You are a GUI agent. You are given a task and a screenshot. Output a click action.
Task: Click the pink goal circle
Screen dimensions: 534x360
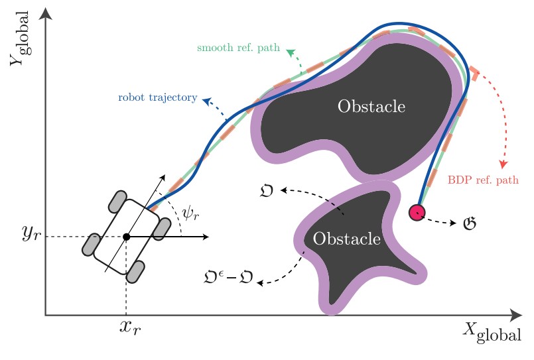[x=417, y=212]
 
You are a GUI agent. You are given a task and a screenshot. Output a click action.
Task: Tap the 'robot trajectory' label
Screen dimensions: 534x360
[x=158, y=97]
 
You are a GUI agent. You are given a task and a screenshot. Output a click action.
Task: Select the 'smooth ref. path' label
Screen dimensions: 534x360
[x=238, y=47]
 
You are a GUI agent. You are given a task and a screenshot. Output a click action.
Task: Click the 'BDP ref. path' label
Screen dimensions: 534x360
[x=483, y=180]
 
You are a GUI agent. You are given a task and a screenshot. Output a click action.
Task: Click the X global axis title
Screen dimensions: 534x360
[x=493, y=333]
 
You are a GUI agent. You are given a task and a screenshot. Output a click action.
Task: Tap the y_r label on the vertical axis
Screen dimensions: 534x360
[x=31, y=233]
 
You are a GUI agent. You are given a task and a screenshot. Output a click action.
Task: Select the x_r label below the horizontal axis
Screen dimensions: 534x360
[x=130, y=328]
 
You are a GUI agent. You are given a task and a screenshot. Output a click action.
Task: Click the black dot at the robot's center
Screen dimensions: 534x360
[x=126, y=237]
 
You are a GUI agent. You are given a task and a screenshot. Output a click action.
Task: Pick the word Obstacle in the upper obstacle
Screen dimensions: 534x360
[x=371, y=107]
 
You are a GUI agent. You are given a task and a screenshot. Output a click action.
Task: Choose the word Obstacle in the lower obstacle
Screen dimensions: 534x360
[x=347, y=239]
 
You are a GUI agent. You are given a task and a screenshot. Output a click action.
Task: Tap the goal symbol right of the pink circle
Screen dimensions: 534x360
[x=470, y=223]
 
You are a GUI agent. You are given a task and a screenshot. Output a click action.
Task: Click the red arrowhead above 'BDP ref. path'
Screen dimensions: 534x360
[x=503, y=164]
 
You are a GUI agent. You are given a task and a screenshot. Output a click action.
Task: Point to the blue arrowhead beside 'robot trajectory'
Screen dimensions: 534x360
[x=206, y=101]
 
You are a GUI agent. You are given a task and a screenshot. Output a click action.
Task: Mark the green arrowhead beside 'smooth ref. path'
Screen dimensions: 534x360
[x=291, y=52]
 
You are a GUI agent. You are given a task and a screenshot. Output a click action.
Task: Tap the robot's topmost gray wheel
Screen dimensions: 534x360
[x=118, y=202]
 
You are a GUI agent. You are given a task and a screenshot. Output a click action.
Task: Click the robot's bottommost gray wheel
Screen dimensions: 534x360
[x=135, y=272]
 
